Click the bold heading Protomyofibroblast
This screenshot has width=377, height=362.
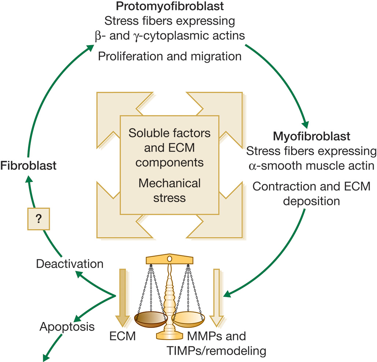pyautogui.click(x=169, y=7)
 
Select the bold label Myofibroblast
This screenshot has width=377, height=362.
pyautogui.click(x=312, y=137)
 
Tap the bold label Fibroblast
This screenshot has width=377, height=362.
pyautogui.click(x=29, y=165)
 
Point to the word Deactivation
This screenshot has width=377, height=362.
pyautogui.click(x=69, y=263)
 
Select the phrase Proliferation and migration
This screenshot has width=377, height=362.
pyautogui.click(x=169, y=56)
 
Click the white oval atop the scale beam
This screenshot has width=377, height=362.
pyautogui.click(x=169, y=259)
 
